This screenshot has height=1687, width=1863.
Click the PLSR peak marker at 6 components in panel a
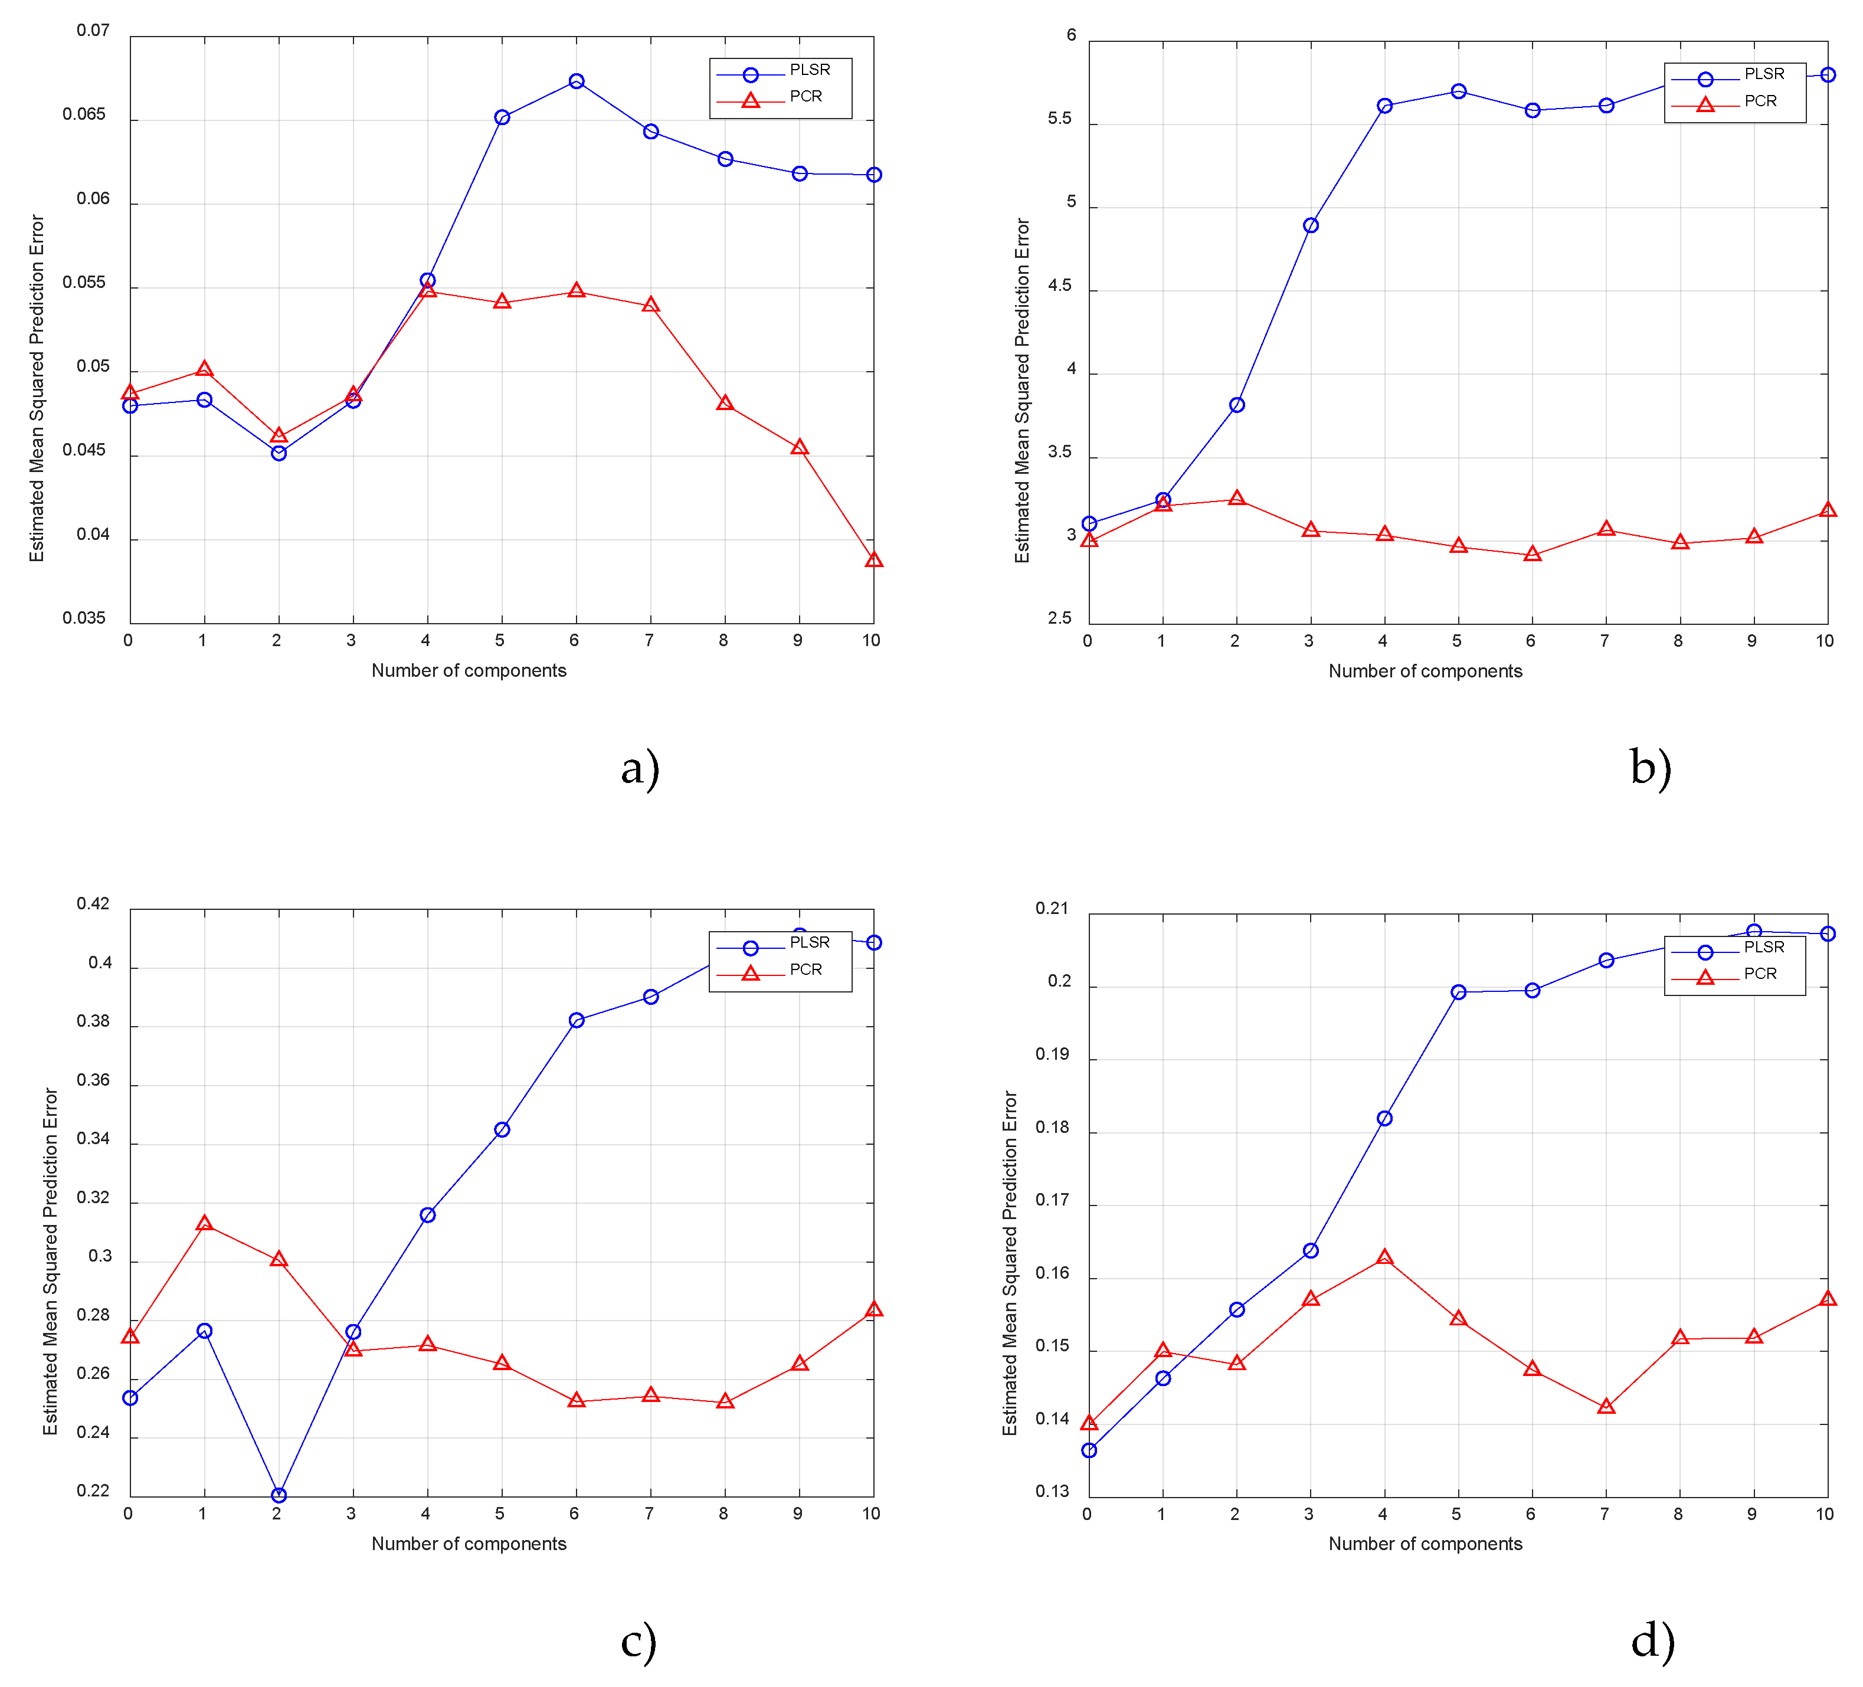click(576, 81)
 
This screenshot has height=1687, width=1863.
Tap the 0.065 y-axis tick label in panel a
click(84, 114)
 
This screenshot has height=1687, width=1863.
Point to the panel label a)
click(640, 768)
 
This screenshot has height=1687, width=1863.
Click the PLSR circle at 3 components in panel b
click(1311, 225)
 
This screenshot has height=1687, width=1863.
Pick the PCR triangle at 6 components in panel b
click(1532, 554)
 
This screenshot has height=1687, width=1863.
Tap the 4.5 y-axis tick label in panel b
click(1060, 286)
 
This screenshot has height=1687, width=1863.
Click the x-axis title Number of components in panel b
click(1425, 671)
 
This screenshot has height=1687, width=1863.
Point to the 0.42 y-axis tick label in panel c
click(93, 903)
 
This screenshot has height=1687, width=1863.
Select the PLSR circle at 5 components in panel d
click(1458, 992)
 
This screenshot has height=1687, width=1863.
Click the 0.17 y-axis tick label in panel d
click(1052, 1200)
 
